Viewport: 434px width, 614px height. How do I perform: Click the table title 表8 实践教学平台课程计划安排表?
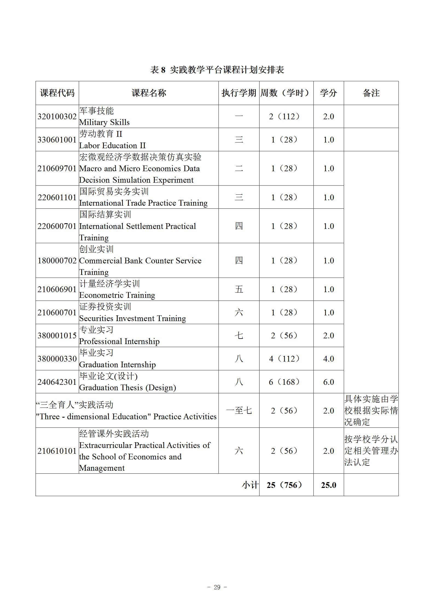217,70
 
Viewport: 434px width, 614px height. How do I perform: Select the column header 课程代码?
57,93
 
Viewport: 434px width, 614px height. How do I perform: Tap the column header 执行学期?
239,93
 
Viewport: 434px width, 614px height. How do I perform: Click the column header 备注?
371,93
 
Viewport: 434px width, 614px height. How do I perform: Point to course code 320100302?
57,117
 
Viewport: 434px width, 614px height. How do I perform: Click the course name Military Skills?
104,122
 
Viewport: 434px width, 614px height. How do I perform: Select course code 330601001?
57,140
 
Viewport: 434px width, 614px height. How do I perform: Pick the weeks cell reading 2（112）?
285,117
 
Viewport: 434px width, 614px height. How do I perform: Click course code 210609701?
57,168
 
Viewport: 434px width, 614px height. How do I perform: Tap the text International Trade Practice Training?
143,203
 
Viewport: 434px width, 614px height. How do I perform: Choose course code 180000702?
57,261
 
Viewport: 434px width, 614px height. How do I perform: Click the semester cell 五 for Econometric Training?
239,289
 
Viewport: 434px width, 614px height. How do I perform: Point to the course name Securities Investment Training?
132,318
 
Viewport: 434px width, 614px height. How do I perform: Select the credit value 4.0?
328,359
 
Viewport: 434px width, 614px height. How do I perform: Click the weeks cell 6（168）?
285,382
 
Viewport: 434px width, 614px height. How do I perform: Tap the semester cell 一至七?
239,411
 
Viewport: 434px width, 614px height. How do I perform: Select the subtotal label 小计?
250,485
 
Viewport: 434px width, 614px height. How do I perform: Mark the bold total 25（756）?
285,485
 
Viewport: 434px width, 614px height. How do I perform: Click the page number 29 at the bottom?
217,587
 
